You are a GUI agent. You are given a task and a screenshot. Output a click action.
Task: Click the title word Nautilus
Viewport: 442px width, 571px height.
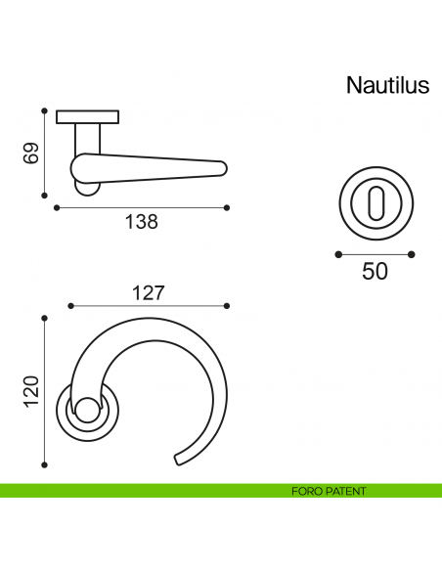point(387,86)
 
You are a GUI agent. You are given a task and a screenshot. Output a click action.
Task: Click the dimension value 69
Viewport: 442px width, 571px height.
point(30,153)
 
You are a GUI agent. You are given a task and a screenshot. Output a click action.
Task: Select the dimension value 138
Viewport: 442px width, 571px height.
point(141,222)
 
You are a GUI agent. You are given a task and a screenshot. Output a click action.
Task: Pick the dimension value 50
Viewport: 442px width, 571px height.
point(375,272)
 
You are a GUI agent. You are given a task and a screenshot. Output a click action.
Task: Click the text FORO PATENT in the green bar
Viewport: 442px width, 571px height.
point(328,491)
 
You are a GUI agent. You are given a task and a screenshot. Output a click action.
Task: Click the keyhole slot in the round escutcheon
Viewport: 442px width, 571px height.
point(375,205)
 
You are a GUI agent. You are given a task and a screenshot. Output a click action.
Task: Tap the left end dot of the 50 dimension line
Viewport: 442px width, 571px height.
point(337,254)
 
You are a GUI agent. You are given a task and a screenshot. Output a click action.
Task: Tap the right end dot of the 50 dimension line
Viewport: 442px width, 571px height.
point(412,254)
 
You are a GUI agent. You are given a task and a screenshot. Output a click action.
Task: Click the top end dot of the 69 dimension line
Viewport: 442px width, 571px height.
point(44,110)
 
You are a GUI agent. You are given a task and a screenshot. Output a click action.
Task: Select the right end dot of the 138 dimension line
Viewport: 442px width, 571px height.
point(227,207)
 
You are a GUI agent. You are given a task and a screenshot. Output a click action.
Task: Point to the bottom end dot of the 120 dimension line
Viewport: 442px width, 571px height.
point(44,464)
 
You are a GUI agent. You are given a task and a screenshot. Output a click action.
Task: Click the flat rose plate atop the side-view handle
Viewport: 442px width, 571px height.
point(87,117)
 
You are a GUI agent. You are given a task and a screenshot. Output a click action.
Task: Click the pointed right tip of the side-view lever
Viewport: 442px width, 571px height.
point(225,170)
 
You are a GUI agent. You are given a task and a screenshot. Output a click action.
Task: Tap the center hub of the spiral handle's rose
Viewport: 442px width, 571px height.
point(86,412)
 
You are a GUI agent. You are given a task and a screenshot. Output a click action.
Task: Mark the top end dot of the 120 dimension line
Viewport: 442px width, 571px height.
point(44,318)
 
